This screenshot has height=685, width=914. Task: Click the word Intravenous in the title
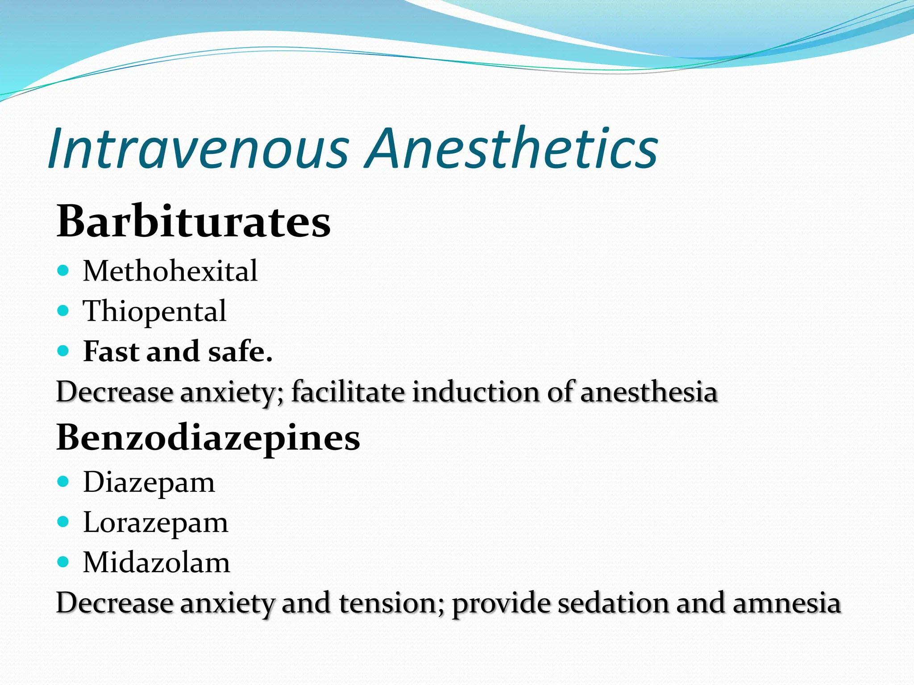click(198, 148)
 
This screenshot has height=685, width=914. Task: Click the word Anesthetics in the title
click(512, 148)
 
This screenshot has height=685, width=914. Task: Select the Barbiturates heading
click(194, 221)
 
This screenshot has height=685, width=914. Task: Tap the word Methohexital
click(170, 271)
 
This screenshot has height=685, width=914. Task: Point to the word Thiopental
click(154, 311)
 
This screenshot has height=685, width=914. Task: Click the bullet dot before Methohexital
click(63, 270)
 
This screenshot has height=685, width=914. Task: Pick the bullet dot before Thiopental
click(63, 310)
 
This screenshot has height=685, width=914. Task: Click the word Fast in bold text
click(112, 351)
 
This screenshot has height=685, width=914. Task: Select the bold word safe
click(240, 351)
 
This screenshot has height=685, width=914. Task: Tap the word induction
click(475, 392)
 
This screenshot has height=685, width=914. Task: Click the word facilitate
click(348, 392)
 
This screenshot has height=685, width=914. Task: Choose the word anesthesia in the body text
click(648, 392)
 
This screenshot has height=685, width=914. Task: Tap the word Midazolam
click(157, 562)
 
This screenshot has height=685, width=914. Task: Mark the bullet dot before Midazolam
click(63, 562)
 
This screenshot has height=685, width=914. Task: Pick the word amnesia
click(786, 603)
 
